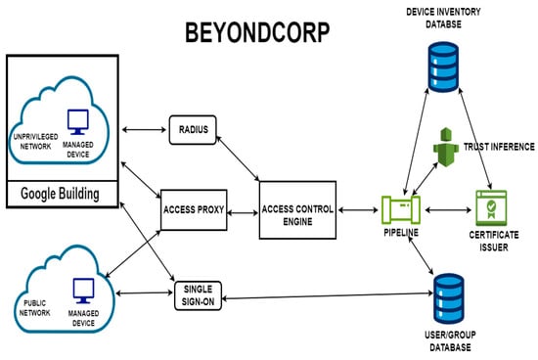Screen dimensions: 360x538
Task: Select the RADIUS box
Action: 193,127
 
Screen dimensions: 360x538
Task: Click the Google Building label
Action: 61,195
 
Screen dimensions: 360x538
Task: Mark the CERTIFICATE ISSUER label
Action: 493,241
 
